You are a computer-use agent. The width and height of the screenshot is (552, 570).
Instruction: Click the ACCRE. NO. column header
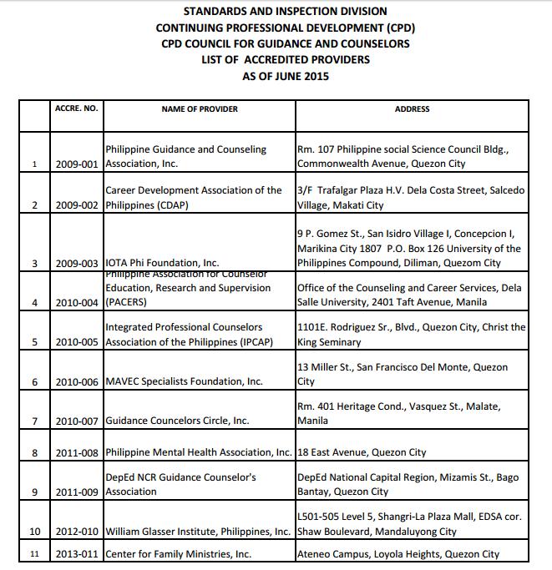point(76,109)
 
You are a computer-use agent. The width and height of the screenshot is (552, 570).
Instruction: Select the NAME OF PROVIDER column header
point(200,109)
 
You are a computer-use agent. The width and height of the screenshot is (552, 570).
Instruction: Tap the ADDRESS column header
point(412,109)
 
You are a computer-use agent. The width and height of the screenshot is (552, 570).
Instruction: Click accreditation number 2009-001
point(78,164)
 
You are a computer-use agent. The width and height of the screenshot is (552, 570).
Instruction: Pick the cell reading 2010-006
point(78,381)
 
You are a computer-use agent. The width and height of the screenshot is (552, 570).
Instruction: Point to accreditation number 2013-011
point(78,554)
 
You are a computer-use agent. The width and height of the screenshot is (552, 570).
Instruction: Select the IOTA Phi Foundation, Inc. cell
point(162,263)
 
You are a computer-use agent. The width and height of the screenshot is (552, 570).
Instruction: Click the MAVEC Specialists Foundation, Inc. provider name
point(184,381)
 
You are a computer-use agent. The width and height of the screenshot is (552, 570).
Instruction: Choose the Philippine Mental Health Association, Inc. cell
point(199,452)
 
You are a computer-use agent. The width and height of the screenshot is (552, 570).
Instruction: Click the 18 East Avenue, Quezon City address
point(362,452)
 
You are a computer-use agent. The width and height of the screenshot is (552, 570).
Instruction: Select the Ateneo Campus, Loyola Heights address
point(398,554)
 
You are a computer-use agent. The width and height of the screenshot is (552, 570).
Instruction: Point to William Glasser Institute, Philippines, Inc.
point(199,532)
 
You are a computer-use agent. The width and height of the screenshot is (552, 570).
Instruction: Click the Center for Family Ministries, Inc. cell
point(178,554)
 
